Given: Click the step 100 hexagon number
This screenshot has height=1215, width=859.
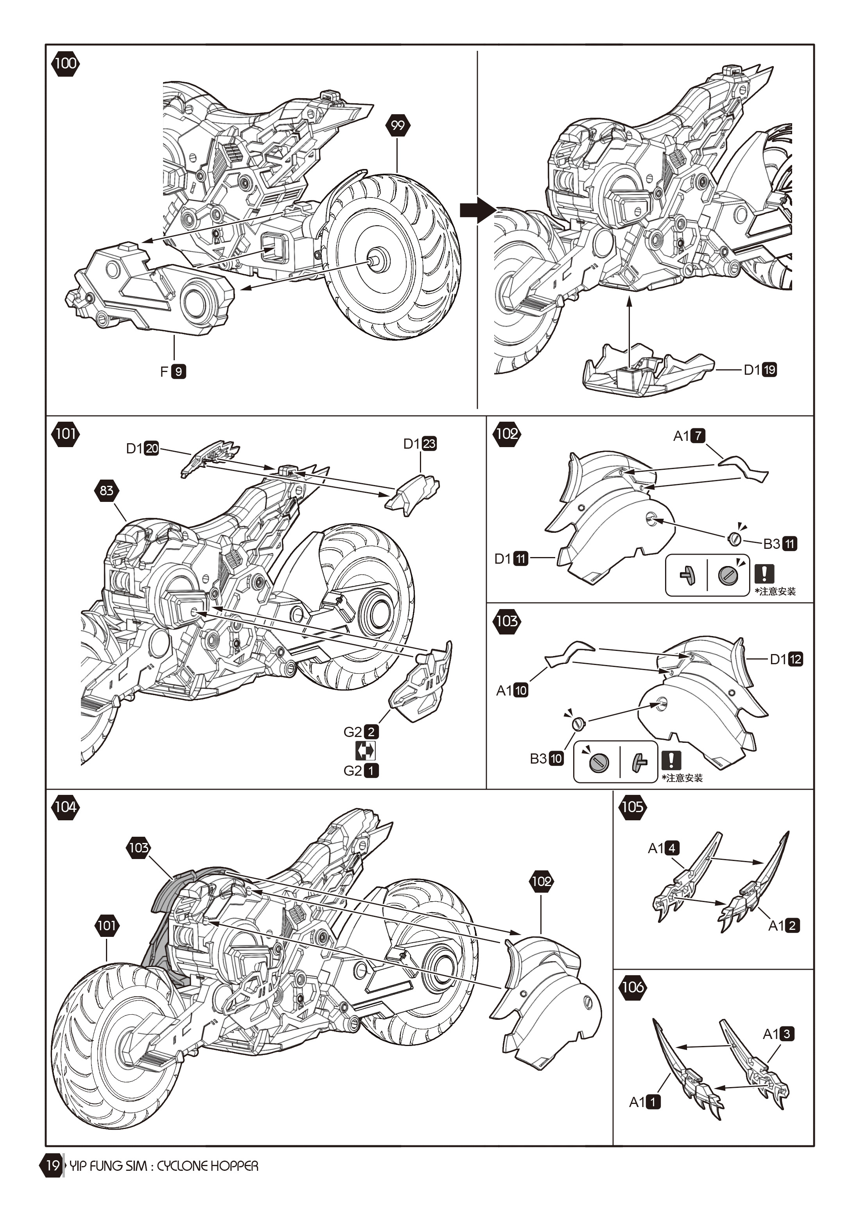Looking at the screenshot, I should pyautogui.click(x=65, y=63).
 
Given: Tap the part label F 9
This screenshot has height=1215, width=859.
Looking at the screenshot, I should pyautogui.click(x=173, y=372).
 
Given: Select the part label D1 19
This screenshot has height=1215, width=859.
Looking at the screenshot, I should pyautogui.click(x=760, y=370).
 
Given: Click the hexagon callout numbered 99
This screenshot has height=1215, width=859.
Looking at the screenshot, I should pyautogui.click(x=398, y=126).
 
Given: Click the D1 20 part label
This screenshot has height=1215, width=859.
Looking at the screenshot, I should pyautogui.click(x=142, y=448).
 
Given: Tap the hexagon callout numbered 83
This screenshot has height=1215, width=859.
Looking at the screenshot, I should pyautogui.click(x=106, y=491).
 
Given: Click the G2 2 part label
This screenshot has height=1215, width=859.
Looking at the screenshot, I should pyautogui.click(x=361, y=732).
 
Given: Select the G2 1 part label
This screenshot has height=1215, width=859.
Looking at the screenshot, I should pyautogui.click(x=361, y=771).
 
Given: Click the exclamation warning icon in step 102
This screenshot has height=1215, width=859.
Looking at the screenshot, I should pyautogui.click(x=764, y=573).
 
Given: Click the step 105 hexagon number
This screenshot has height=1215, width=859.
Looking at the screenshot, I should pyautogui.click(x=632, y=807).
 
